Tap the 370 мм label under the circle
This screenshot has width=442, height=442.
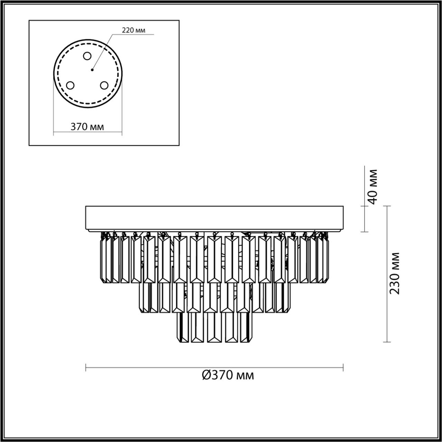coord(88,127)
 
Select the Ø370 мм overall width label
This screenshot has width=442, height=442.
coord(228,376)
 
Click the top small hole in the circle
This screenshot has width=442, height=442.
coord(87,56)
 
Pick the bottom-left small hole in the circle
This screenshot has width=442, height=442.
coord(70,85)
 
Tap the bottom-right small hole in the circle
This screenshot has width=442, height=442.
coord(104,85)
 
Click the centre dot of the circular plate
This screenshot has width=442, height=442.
coord(92,69)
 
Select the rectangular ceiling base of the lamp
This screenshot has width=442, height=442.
coord(215,218)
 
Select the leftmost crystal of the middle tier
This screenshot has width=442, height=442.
coord(144,298)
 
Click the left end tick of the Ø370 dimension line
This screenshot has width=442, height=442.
coord(85,367)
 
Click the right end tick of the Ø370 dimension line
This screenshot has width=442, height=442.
coord(343,367)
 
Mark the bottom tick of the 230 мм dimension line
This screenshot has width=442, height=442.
coord(387,342)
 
